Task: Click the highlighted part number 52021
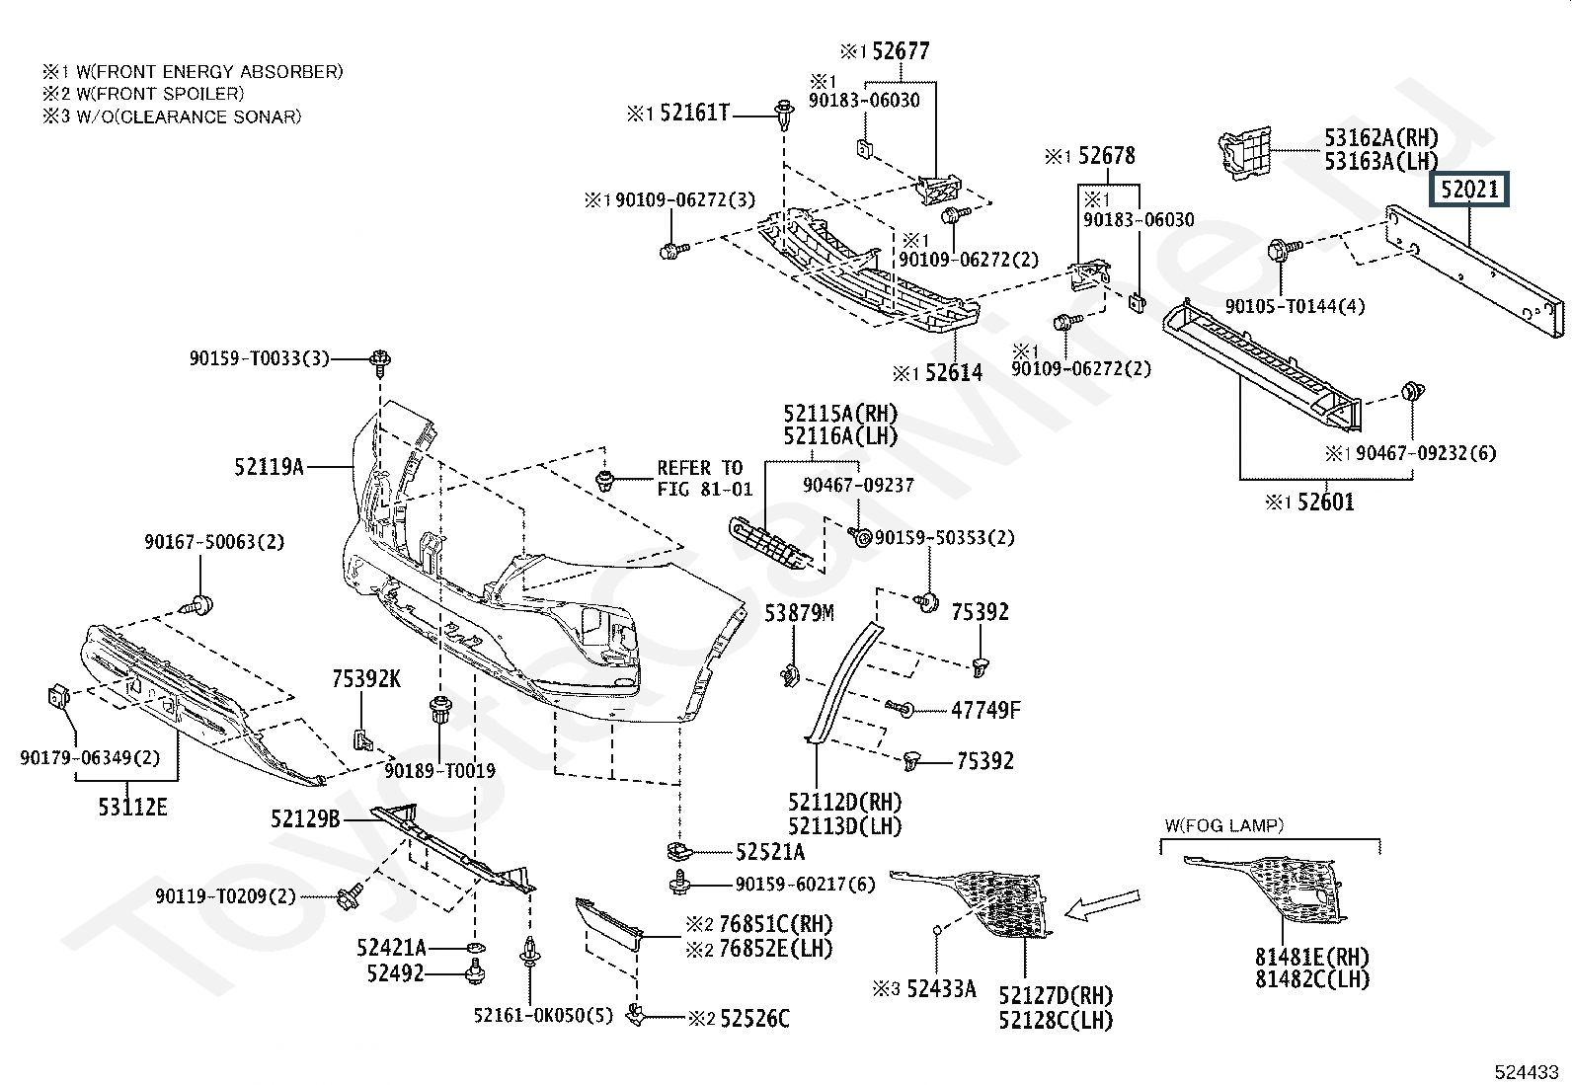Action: click(1469, 189)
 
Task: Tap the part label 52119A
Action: click(269, 467)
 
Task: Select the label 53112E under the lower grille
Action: click(132, 807)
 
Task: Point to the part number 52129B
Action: click(305, 818)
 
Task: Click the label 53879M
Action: click(799, 613)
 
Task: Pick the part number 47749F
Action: click(985, 710)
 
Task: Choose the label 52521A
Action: click(770, 852)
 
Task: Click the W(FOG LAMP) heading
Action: click(1223, 825)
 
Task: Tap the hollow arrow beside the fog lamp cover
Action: click(1103, 904)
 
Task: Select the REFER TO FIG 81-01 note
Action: click(705, 479)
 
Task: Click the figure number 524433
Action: click(1527, 1072)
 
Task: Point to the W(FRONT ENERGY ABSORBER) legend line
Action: click(193, 72)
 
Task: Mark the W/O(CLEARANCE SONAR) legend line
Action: click(172, 116)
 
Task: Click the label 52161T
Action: click(695, 113)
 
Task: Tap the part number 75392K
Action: click(366, 678)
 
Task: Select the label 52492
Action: click(396, 973)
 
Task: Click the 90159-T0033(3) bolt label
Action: click(259, 358)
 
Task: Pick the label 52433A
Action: click(941, 989)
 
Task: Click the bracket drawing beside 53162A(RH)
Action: click(1245, 153)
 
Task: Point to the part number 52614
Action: click(954, 372)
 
